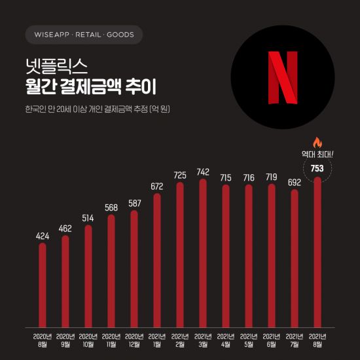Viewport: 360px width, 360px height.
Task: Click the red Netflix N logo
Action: click(x=283, y=78)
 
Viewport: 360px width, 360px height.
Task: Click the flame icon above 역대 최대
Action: click(x=317, y=142)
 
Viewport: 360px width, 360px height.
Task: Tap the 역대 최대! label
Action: click(x=317, y=154)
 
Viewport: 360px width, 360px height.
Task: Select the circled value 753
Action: click(x=317, y=168)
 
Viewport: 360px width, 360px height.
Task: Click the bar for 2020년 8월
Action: click(x=42, y=285)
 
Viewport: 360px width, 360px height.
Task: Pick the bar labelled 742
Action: click(x=202, y=252)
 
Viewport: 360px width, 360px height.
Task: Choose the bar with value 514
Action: click(x=88, y=276)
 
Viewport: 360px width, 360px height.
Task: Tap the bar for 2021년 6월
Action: click(x=271, y=255)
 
